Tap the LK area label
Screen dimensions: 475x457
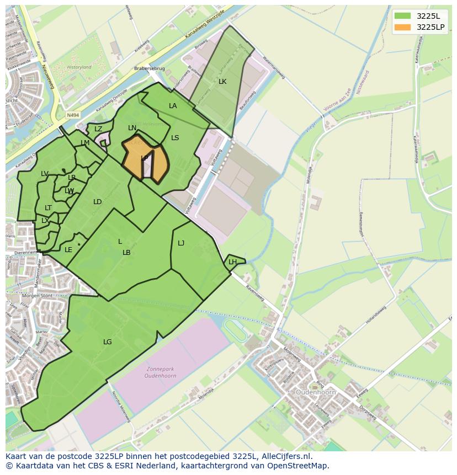pyautogui.click(x=222, y=82)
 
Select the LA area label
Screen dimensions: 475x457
pyautogui.click(x=173, y=106)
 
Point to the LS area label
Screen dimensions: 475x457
pyautogui.click(x=175, y=138)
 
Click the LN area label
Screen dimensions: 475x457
pyautogui.click(x=132, y=128)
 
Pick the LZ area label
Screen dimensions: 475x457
pyautogui.click(x=98, y=129)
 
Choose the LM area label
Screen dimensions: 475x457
pyautogui.click(x=85, y=143)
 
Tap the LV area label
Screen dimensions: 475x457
pyautogui.click(x=45, y=174)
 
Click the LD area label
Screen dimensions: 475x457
pyautogui.click(x=98, y=202)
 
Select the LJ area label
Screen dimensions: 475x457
pyautogui.click(x=181, y=243)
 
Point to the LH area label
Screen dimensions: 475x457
pyautogui.click(x=232, y=262)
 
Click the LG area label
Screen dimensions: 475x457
pyautogui.click(x=108, y=342)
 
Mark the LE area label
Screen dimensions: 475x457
pyautogui.click(x=68, y=250)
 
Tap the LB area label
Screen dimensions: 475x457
pyautogui.click(x=126, y=253)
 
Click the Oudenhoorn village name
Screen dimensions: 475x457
pyautogui.click(x=316, y=392)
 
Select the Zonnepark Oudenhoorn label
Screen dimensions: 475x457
pyautogui.click(x=162, y=373)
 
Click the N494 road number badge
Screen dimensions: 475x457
pyautogui.click(x=72, y=115)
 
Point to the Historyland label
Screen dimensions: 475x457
pyautogui.click(x=79, y=67)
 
